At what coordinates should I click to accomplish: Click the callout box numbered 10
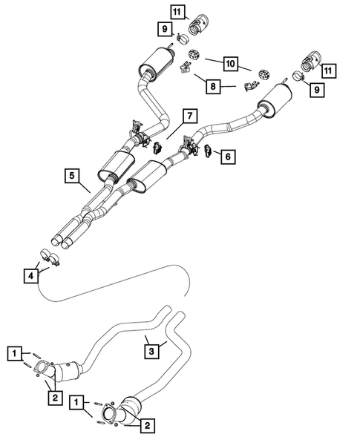click(x=230, y=65)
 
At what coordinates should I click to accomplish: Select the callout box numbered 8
click(x=214, y=86)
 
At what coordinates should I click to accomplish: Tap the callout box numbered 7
click(x=189, y=116)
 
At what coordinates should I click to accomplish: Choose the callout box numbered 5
click(x=71, y=176)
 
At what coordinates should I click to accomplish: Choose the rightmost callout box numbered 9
click(x=318, y=90)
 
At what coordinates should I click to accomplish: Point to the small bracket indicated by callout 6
click(x=209, y=152)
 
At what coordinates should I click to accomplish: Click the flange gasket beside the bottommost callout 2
click(x=109, y=415)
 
